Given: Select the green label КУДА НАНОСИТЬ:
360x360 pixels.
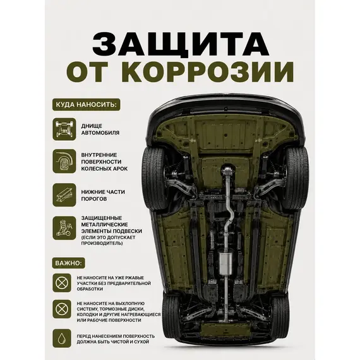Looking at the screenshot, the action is [86, 105].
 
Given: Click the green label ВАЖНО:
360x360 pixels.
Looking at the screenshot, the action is [68, 263].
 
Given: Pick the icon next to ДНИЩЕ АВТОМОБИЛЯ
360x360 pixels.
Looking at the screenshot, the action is [64, 129].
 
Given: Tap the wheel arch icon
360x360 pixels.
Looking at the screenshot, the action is [64, 161].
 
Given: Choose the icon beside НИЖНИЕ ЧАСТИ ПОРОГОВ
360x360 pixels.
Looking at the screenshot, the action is [64, 195].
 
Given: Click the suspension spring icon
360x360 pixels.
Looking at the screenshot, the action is [64, 228].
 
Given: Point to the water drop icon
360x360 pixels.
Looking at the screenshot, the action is [62, 338].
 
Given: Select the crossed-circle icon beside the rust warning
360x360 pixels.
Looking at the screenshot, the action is [62, 282].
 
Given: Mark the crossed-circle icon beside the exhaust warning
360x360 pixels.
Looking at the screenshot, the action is [62, 309].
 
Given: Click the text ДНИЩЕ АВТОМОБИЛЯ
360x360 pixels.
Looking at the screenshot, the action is [100, 129].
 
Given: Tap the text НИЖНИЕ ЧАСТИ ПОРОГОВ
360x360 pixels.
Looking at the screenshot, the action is [103, 195].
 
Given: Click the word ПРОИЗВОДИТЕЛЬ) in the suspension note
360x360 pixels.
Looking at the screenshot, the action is [102, 243].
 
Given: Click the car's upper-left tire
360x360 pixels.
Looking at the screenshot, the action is [153, 178].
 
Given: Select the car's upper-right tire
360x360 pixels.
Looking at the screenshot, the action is [296, 178].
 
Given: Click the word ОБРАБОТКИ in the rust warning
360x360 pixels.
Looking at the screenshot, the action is [90, 289].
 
